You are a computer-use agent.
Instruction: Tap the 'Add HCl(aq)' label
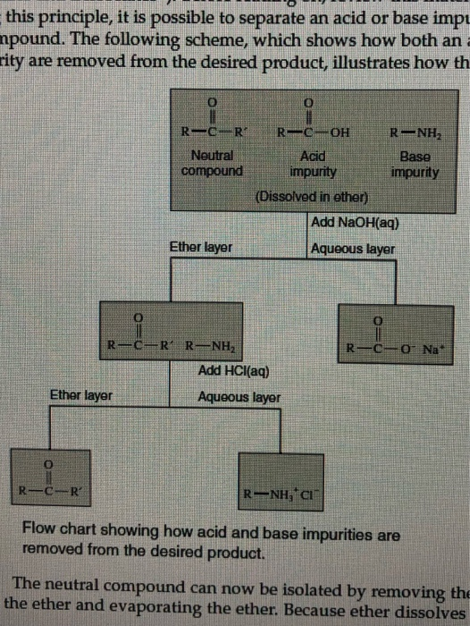click(x=231, y=370)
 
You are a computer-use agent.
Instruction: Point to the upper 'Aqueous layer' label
click(x=352, y=248)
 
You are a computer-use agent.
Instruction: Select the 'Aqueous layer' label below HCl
click(x=239, y=395)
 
